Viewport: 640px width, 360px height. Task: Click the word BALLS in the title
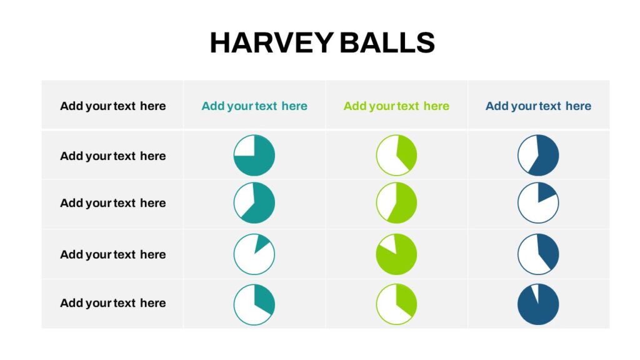(x=387, y=42)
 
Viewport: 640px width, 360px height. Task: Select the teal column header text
(x=254, y=106)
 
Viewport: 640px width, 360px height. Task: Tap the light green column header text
(x=396, y=106)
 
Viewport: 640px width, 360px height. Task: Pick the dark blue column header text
(x=538, y=106)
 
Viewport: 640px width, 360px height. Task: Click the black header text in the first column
(x=113, y=106)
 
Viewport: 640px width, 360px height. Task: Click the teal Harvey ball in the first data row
(x=254, y=156)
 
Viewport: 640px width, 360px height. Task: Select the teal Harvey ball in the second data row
(x=254, y=203)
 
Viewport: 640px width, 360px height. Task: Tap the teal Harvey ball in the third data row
(x=254, y=254)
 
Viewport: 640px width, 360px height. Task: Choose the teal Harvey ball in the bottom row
(x=254, y=304)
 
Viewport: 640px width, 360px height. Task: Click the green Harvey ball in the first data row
(x=396, y=156)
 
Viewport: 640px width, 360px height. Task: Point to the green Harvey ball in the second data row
(x=396, y=203)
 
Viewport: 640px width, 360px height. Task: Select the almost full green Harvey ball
(x=396, y=254)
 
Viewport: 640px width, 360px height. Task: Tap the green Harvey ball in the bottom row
(x=396, y=304)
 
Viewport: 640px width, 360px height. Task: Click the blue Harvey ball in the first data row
(x=538, y=156)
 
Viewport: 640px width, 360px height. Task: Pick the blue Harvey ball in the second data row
(x=538, y=203)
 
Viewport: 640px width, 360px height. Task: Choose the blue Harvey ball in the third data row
(x=538, y=254)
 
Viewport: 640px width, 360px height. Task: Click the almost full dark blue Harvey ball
(x=538, y=304)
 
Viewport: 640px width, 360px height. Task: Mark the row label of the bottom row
(x=113, y=303)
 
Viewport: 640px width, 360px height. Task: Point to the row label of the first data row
(x=113, y=156)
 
